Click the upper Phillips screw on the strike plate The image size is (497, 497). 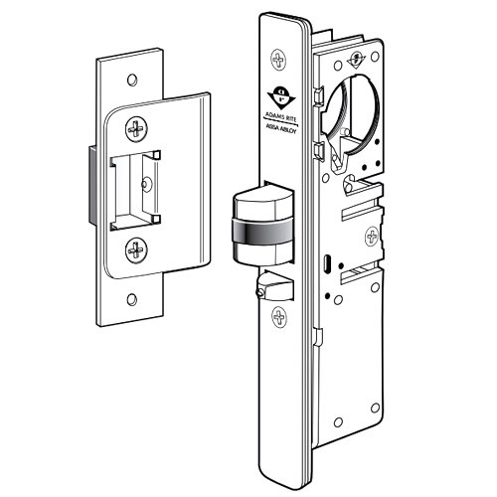click(x=136, y=129)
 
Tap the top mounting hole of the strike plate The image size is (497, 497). click(x=130, y=75)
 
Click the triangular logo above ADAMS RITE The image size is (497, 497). click(x=284, y=97)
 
